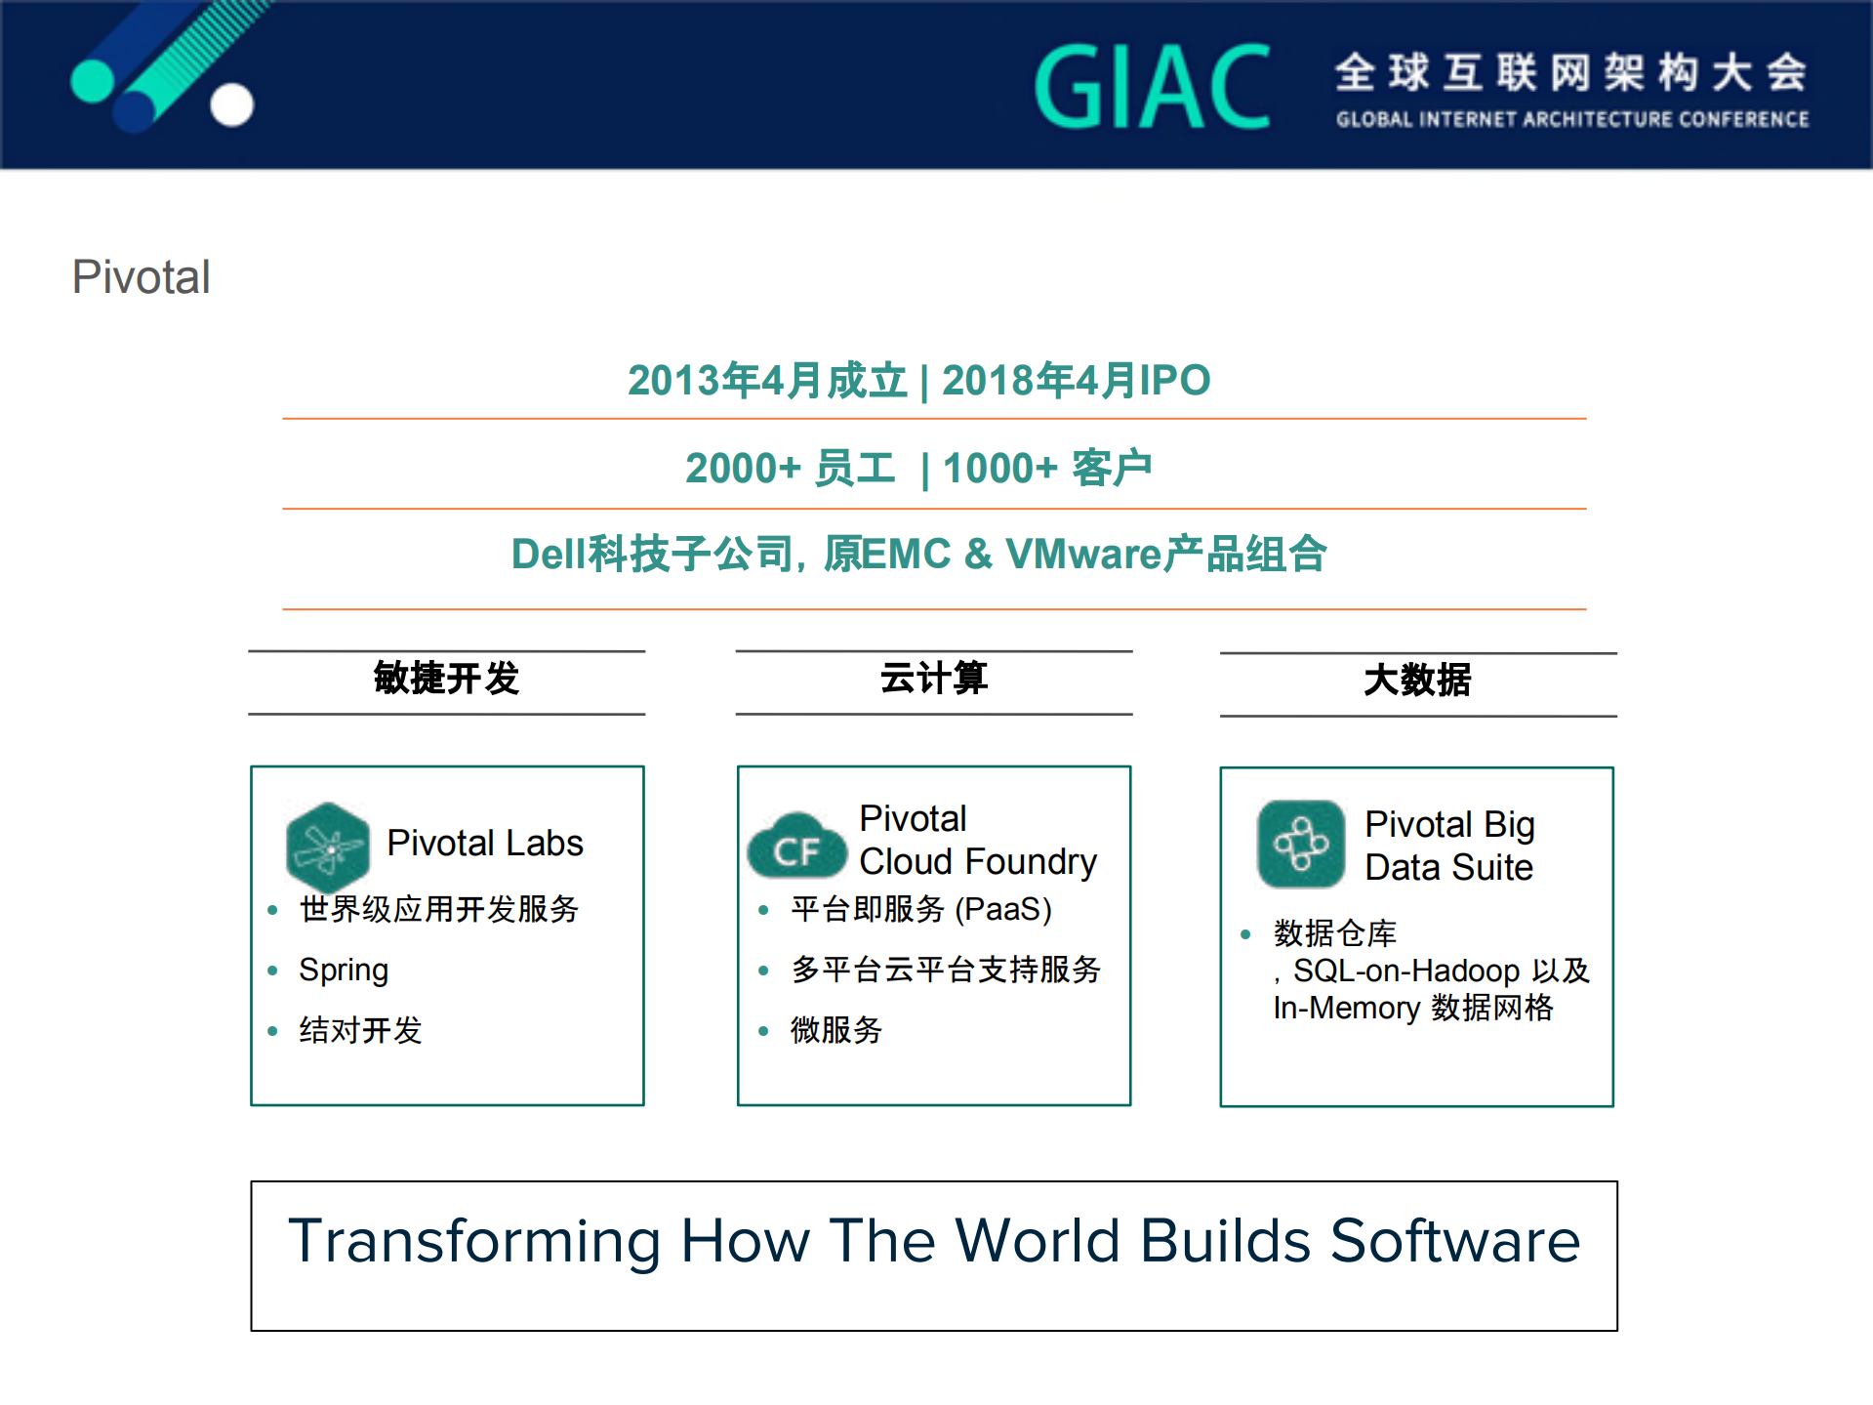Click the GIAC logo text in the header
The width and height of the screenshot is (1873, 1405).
[x=1153, y=88]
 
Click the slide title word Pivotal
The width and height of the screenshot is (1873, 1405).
[x=142, y=277]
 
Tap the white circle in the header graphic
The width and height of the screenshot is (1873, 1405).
[x=232, y=104]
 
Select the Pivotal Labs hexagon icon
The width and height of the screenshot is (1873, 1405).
[x=328, y=846]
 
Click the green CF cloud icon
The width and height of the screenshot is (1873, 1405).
[x=796, y=847]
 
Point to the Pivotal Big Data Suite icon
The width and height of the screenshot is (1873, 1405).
[x=1301, y=845]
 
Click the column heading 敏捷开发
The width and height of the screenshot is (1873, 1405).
[x=446, y=679]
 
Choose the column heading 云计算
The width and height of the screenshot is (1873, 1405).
[x=934, y=679]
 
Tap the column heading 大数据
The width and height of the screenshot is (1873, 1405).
[x=1417, y=681]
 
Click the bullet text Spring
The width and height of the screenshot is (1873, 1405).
[x=344, y=971]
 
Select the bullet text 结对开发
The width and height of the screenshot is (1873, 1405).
[x=360, y=1030]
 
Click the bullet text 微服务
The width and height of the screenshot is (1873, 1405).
[x=836, y=1030]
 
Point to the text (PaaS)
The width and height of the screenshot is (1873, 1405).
[x=1002, y=910]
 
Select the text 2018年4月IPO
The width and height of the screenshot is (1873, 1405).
[x=1076, y=381]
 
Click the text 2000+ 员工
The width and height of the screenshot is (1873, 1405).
[x=790, y=469]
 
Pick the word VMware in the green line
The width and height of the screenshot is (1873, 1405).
[x=1083, y=555]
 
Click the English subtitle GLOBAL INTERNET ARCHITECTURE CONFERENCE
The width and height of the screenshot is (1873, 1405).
[x=1572, y=120]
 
